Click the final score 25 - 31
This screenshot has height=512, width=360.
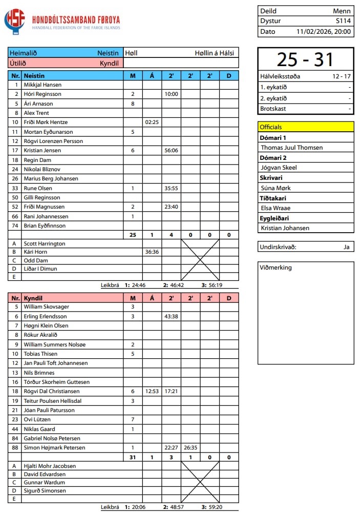(305, 60)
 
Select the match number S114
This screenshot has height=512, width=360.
(343, 21)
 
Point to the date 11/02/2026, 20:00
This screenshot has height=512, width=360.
(324, 31)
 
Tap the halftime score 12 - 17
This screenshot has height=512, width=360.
(342, 76)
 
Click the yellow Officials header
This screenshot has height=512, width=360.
(305, 127)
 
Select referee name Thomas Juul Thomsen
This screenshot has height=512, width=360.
(292, 148)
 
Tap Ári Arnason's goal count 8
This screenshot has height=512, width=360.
(133, 104)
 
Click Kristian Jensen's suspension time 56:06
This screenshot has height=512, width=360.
(171, 151)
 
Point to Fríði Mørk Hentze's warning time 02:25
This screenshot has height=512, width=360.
(152, 122)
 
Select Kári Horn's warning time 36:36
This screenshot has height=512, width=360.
(152, 252)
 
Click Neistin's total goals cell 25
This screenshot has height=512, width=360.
(133, 235)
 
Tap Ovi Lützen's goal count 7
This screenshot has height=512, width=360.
(133, 420)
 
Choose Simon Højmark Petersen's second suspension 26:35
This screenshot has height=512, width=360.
(190, 448)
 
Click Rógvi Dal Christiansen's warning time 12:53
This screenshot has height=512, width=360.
(152, 392)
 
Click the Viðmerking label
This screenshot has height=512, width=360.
(276, 268)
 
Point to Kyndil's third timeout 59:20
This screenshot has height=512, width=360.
(215, 507)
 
